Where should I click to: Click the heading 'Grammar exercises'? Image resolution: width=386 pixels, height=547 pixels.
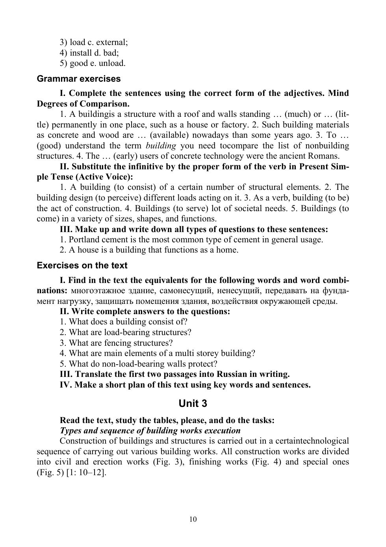[79, 79]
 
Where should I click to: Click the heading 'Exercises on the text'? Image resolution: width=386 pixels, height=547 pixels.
[82, 266]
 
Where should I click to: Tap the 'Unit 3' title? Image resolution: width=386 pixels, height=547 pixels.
[193, 403]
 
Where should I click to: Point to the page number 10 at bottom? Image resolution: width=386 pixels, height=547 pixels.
[193, 519]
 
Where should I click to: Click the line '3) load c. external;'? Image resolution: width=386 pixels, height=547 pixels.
[94, 42]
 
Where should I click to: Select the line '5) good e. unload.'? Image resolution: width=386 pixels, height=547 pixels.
[93, 63]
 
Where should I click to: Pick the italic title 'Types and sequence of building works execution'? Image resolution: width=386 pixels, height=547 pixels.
[150, 431]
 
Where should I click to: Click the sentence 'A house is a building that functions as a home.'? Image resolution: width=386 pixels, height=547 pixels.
[149, 250]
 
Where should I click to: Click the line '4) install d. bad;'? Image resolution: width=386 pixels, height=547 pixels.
[89, 53]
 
